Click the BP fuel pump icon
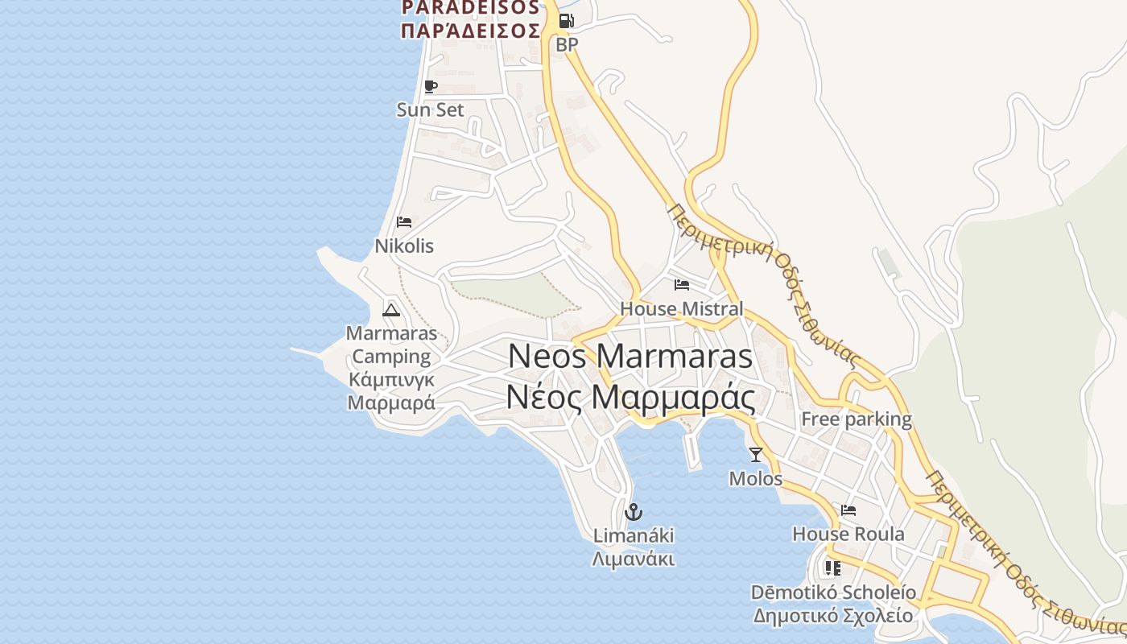point(567,21)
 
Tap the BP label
point(567,45)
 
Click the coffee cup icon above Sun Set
point(431,86)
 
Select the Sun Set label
point(431,109)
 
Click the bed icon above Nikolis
point(404,222)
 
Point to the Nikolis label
point(404,246)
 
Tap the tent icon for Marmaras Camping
point(391,310)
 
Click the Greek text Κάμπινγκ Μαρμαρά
point(391,390)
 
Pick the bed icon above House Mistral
point(682,285)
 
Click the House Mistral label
point(682,308)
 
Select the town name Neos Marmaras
point(630,356)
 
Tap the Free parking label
point(857,419)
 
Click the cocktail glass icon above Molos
point(755,455)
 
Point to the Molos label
point(755,478)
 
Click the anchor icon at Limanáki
point(634,511)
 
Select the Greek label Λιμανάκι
point(634,559)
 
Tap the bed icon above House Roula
point(848,510)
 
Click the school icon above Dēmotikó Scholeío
point(833,568)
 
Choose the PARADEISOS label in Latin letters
point(471,8)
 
